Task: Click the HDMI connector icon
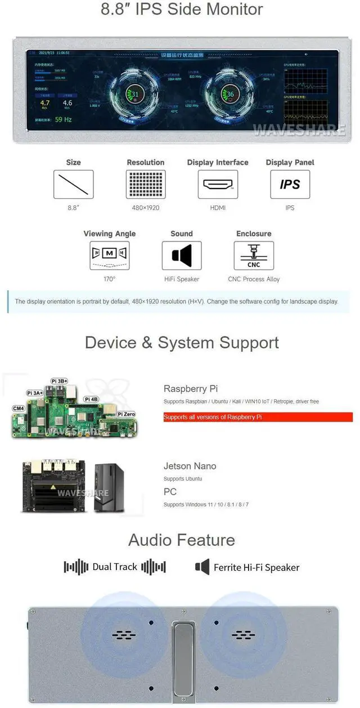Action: click(x=218, y=184)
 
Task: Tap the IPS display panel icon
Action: click(x=290, y=184)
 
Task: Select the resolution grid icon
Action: click(x=145, y=184)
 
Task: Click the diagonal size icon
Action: click(x=73, y=184)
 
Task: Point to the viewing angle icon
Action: click(x=110, y=256)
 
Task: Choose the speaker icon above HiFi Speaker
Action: click(x=182, y=256)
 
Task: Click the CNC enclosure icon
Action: click(x=254, y=256)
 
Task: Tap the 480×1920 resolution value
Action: click(x=145, y=208)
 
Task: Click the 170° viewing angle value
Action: click(x=110, y=279)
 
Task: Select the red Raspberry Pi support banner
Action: click(x=258, y=417)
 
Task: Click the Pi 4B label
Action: click(x=91, y=399)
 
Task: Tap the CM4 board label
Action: click(x=18, y=408)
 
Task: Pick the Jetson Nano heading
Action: click(x=190, y=466)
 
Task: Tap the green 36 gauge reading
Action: click(x=230, y=95)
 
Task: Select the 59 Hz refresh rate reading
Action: click(x=63, y=120)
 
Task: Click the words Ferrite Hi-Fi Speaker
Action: click(x=256, y=567)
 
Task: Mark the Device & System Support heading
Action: click(x=182, y=343)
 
